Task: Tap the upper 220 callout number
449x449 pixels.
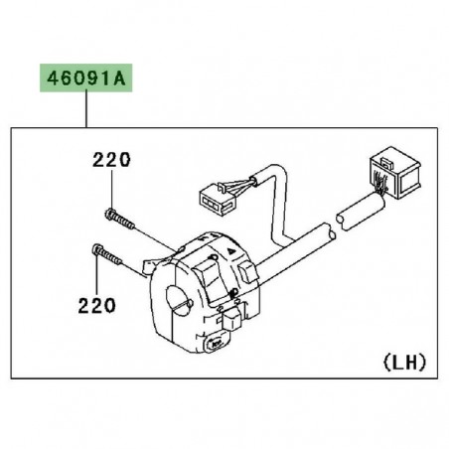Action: tap(111, 159)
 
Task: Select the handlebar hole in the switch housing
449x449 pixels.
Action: tap(180, 295)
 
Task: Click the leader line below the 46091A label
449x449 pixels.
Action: tap(85, 109)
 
